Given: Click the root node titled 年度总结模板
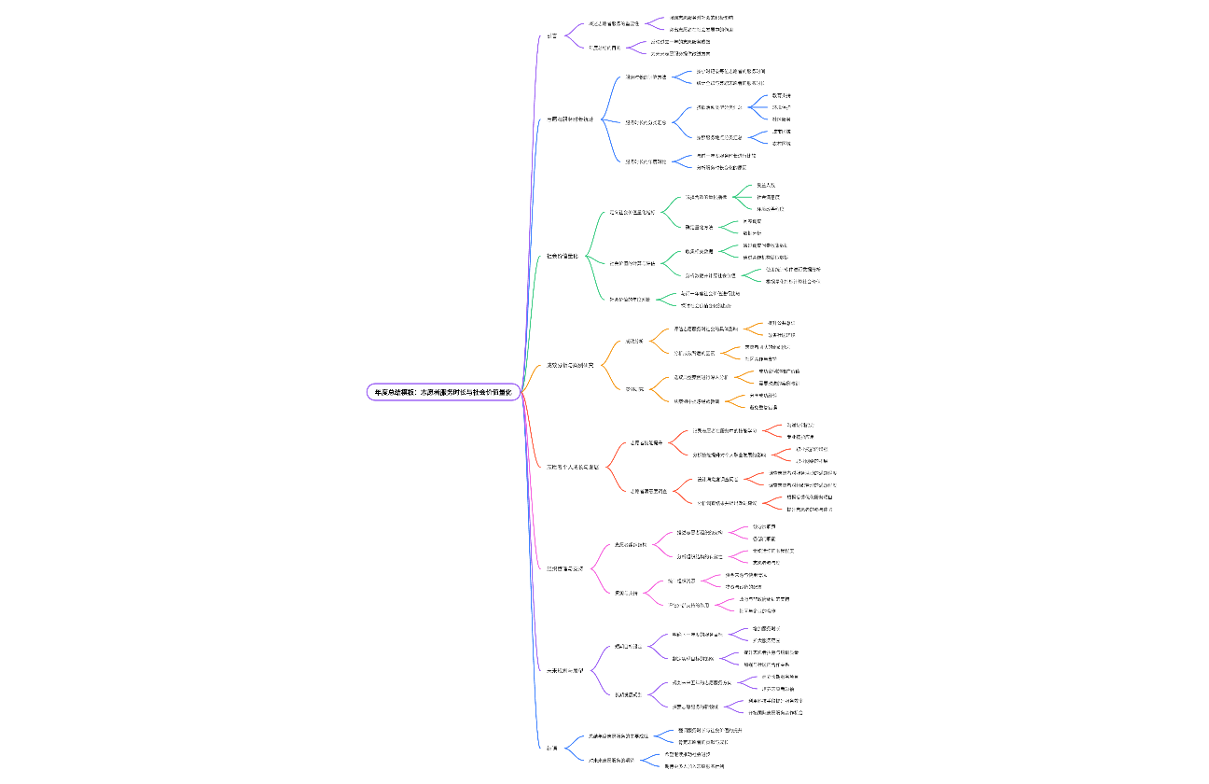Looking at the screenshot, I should click(443, 393).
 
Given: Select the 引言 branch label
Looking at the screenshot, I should click(552, 36).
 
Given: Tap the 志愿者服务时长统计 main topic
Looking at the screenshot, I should click(569, 119).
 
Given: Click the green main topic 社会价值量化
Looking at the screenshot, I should click(562, 256).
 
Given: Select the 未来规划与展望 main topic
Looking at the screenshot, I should click(565, 670).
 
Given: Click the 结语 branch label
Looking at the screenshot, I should click(552, 748).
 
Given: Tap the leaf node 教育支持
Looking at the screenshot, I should click(782, 95).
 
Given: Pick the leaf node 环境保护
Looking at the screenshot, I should click(782, 107).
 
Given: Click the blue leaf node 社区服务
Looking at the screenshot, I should click(782, 119).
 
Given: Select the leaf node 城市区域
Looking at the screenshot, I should click(782, 132).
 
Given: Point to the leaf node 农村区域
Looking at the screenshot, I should click(782, 144).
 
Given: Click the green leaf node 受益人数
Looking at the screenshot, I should click(766, 186).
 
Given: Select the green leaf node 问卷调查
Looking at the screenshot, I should click(752, 221).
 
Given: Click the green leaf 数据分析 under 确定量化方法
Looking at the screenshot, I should click(752, 232).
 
